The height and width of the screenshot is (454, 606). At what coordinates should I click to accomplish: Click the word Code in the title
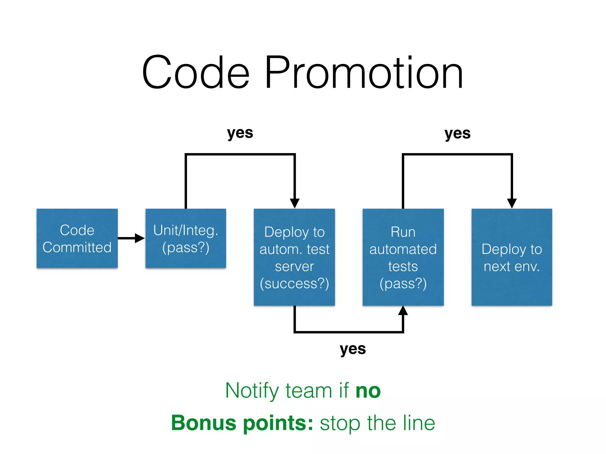[x=196, y=73]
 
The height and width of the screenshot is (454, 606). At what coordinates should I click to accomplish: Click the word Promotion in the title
[x=364, y=73]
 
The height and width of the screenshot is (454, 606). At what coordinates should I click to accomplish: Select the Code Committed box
[x=77, y=238]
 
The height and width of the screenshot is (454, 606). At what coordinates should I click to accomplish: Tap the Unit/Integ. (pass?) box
[x=186, y=238]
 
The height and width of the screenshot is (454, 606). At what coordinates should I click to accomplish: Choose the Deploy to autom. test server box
[x=294, y=257]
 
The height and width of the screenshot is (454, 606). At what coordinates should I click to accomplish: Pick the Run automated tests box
[x=403, y=257]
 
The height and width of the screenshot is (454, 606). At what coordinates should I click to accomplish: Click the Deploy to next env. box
[x=512, y=257]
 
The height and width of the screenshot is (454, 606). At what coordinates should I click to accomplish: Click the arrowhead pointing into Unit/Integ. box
[x=139, y=238]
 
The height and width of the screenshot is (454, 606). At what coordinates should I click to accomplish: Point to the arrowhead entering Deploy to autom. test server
[x=294, y=203]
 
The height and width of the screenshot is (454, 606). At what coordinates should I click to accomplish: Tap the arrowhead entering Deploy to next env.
[x=512, y=203]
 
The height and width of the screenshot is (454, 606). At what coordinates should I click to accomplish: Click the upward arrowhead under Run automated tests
[x=403, y=311]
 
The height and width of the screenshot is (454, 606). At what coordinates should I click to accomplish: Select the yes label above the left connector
[x=240, y=133]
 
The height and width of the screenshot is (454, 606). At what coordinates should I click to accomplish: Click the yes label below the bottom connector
[x=353, y=349]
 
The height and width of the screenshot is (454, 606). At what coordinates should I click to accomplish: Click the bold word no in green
[x=368, y=391]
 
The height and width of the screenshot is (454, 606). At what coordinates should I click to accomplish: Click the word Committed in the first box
[x=77, y=247]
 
